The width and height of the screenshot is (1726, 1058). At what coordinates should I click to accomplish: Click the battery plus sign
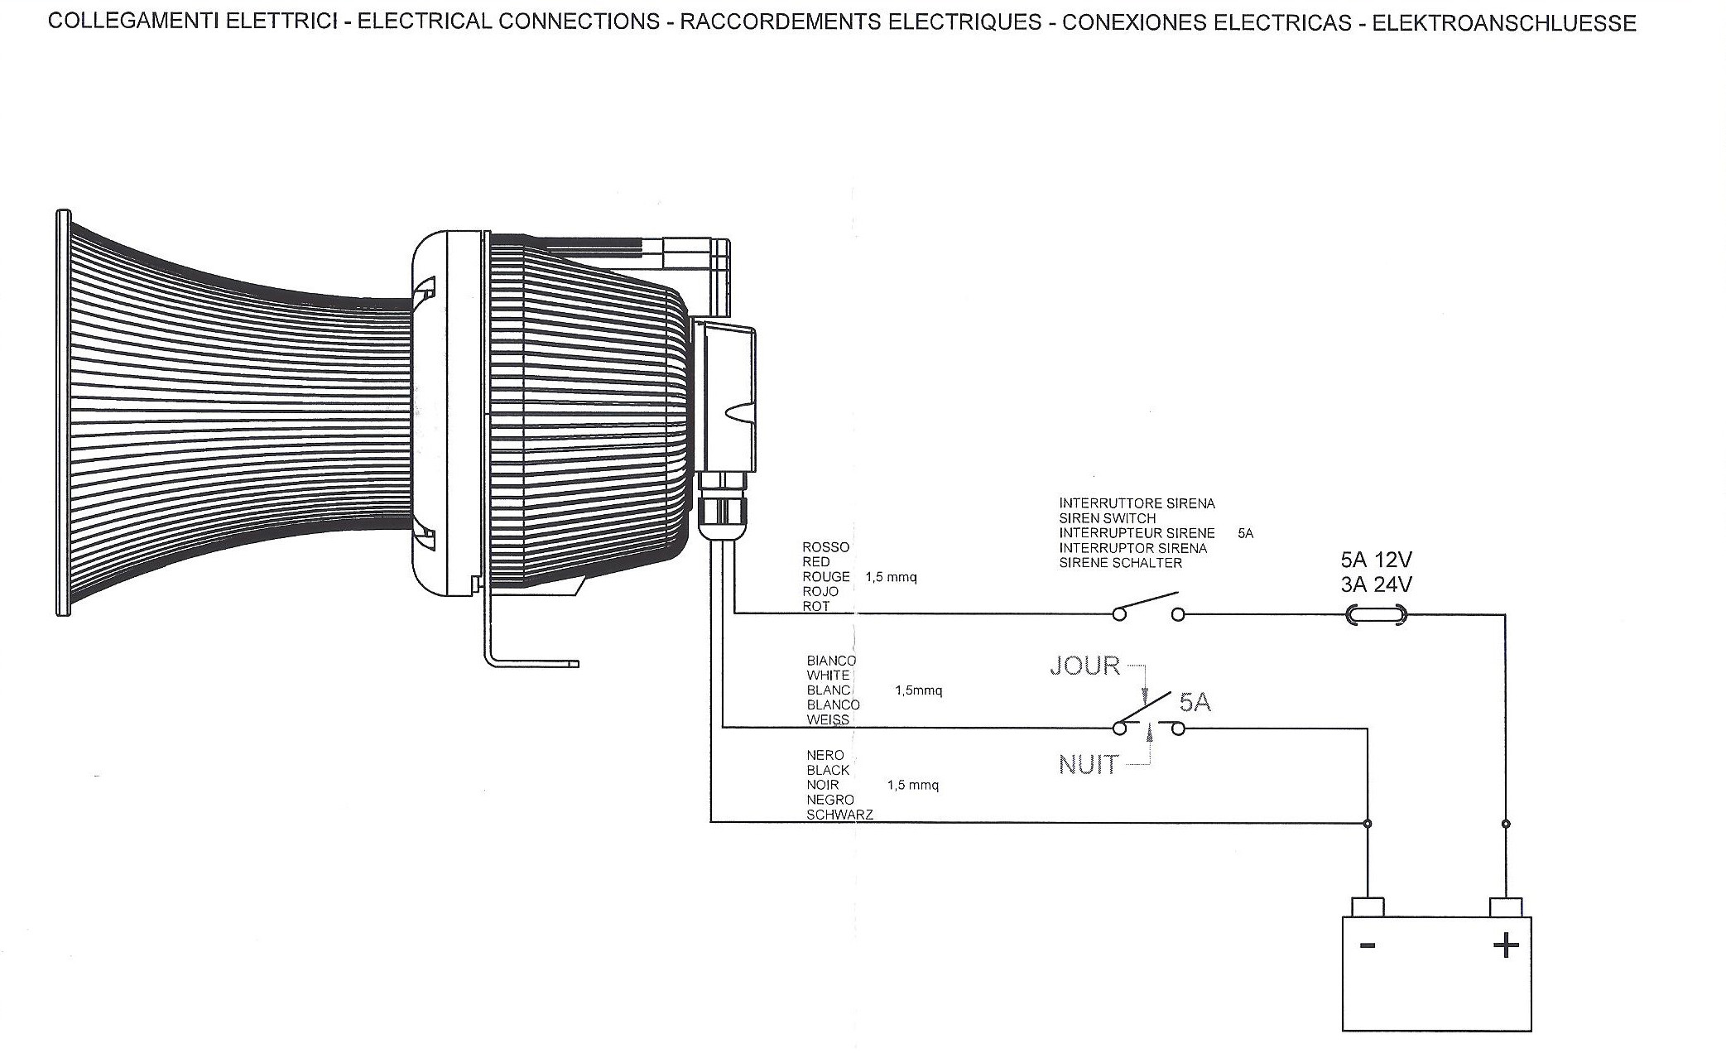[1506, 945]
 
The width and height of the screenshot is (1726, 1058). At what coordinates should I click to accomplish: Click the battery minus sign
[1367, 945]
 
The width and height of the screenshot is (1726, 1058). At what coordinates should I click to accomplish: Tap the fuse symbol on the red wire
[1377, 614]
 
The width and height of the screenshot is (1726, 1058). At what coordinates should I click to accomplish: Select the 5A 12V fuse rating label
[1376, 560]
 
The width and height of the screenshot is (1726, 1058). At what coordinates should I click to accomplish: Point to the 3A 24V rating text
[1376, 584]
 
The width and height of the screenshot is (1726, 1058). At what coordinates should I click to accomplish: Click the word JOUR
[1084, 666]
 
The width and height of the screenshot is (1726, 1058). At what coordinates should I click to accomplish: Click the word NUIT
[1088, 765]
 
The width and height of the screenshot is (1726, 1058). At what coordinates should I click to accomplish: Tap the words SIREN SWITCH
[1107, 518]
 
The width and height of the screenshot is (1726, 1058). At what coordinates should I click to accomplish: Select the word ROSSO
[825, 547]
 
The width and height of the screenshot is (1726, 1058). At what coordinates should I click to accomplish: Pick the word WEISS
[828, 719]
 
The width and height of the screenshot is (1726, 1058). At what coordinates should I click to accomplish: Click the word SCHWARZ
[839, 815]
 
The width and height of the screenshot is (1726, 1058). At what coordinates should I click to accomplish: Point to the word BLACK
[828, 770]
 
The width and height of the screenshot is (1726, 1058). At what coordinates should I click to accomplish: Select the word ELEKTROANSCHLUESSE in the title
[1503, 23]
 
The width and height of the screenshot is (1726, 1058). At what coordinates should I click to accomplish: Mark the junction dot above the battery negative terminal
[1367, 823]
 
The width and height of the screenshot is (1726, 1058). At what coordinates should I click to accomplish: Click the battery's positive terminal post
[1505, 907]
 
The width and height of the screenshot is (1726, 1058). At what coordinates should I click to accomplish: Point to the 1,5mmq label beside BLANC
[918, 690]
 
